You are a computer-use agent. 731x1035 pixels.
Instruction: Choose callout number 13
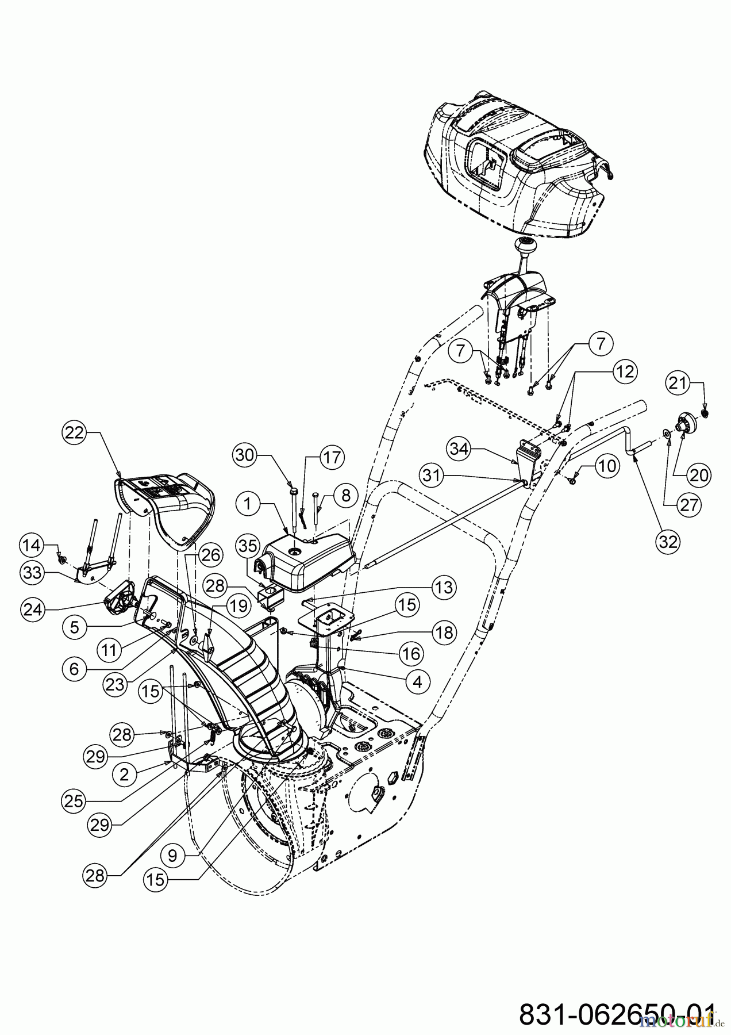tap(443, 587)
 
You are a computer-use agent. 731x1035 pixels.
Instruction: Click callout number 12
tap(627, 372)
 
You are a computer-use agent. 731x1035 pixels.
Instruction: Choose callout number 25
tap(74, 801)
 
